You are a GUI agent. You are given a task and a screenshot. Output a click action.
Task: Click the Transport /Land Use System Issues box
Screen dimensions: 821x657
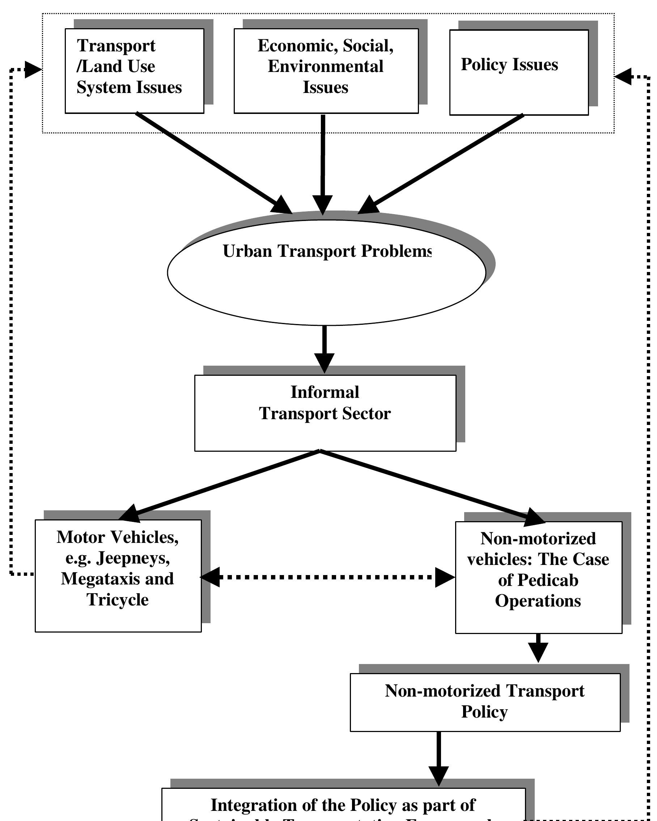pyautogui.click(x=134, y=71)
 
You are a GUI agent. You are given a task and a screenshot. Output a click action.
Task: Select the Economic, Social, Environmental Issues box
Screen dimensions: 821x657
pyautogui.click(x=326, y=71)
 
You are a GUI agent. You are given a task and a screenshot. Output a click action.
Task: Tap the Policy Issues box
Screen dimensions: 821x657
pyautogui.click(x=519, y=72)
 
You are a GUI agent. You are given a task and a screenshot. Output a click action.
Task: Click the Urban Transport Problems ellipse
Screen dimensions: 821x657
pyautogui.click(x=326, y=272)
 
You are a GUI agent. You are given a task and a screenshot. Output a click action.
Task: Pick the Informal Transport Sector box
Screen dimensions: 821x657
pyautogui.click(x=325, y=413)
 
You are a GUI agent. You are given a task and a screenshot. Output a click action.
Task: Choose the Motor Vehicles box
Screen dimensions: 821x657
pyautogui.click(x=118, y=575)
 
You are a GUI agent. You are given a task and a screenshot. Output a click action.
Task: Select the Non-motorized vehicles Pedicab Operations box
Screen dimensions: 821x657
pyautogui.click(x=538, y=577)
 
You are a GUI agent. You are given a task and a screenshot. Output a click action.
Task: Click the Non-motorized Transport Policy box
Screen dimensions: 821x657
pyautogui.click(x=484, y=702)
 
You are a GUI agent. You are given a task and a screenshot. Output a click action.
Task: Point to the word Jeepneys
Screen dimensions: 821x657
pyautogui.click(x=133, y=558)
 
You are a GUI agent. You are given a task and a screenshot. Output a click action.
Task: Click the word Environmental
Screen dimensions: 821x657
pyautogui.click(x=326, y=66)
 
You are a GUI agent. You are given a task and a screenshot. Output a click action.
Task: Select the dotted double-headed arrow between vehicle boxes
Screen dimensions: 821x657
pyautogui.click(x=327, y=577)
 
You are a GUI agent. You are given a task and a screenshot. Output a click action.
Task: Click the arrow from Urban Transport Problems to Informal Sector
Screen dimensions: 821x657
pyautogui.click(x=324, y=348)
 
